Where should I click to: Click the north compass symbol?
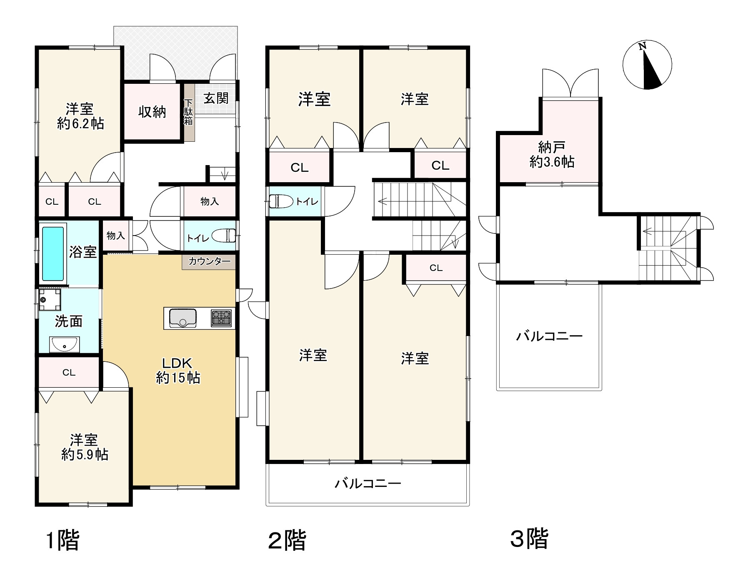(647, 65)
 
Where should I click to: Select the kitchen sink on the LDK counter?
(183, 318)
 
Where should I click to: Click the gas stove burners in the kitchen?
(221, 318)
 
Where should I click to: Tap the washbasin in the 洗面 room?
(63, 345)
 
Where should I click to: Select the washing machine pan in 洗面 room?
(50, 300)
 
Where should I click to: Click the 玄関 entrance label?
(216, 98)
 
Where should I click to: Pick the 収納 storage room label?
(152, 112)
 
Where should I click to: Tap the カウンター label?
(209, 262)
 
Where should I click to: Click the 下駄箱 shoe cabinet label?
(188, 112)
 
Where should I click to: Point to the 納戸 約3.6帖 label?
(552, 154)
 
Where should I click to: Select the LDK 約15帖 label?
(178, 370)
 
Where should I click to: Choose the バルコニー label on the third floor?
(549, 336)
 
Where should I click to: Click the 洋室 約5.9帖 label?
(85, 447)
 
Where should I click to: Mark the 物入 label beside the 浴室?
(115, 236)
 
